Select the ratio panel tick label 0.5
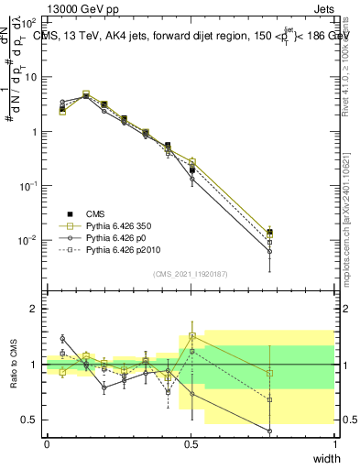(30, 420)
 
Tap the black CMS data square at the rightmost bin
(269, 232)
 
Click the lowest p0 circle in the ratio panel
(269, 431)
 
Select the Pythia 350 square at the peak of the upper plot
(86, 94)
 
